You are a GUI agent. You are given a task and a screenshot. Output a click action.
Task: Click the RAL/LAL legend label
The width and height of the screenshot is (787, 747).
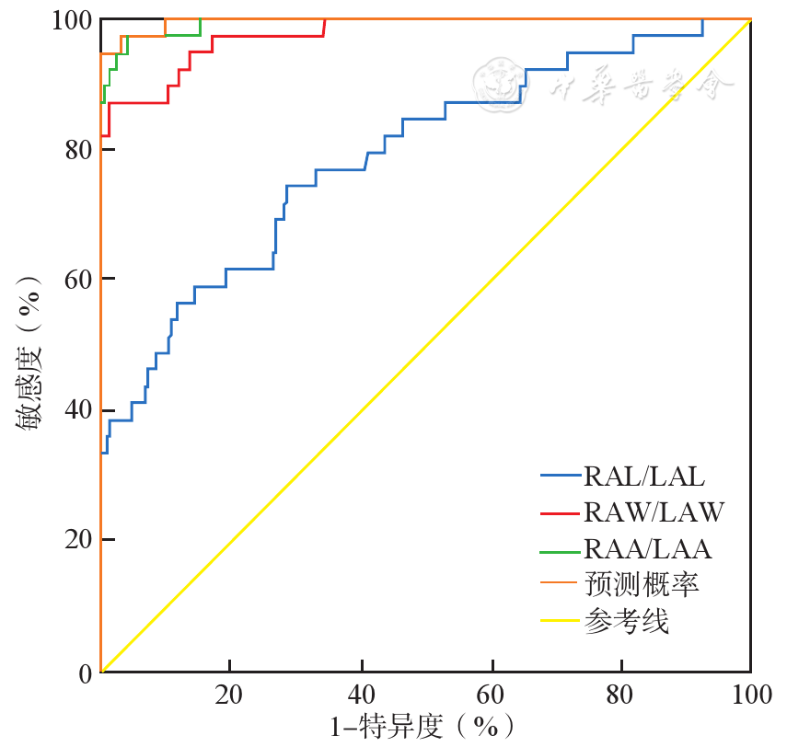pyautogui.click(x=644, y=476)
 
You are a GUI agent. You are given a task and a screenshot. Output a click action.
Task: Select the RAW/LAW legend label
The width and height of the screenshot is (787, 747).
pyautogui.click(x=654, y=512)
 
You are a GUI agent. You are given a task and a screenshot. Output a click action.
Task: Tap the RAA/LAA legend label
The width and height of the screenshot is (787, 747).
pyautogui.click(x=648, y=549)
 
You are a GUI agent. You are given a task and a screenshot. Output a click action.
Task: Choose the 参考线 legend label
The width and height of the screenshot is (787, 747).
pyautogui.click(x=626, y=622)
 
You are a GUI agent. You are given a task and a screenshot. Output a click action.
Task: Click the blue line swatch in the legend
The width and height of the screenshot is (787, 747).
pyautogui.click(x=560, y=477)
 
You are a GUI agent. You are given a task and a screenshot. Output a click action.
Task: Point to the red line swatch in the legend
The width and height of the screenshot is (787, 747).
pyautogui.click(x=560, y=513)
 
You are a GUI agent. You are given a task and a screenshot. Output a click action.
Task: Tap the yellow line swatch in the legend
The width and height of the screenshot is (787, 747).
pyautogui.click(x=560, y=623)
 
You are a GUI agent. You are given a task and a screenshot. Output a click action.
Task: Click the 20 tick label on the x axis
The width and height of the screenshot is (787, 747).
pyautogui.click(x=229, y=693)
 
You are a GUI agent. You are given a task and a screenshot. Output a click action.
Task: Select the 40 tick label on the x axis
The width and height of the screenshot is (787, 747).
pyautogui.click(x=360, y=693)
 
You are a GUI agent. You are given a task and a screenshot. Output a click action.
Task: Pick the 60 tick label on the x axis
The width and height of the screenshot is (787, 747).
pyautogui.click(x=491, y=693)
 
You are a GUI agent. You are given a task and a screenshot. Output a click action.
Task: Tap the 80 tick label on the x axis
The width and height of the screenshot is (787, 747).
pyautogui.click(x=620, y=693)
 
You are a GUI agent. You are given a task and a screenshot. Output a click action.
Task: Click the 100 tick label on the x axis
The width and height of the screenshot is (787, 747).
pyautogui.click(x=749, y=693)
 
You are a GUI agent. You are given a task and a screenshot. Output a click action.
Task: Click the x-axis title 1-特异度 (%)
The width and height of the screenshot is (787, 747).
pyautogui.click(x=422, y=727)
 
